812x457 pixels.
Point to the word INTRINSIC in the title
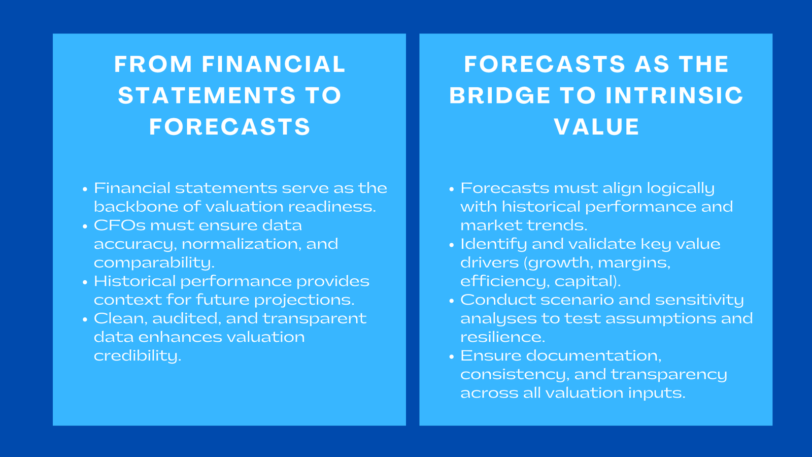click(674, 96)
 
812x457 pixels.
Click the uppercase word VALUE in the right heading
click(596, 127)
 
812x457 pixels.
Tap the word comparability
click(154, 263)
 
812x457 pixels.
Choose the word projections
click(303, 300)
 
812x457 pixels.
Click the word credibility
click(137, 356)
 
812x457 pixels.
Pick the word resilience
click(502, 337)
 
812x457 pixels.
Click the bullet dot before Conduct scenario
click(451, 301)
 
